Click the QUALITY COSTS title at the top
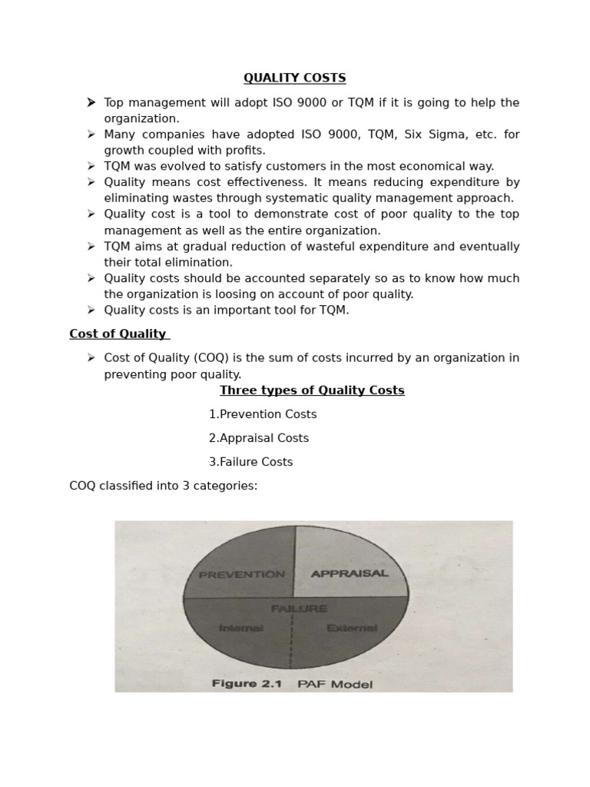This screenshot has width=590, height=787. pos(295,78)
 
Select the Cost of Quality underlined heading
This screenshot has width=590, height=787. pos(118,334)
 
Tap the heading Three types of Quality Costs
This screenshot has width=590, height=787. pos(312,390)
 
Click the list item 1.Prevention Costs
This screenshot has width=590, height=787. pos(263,414)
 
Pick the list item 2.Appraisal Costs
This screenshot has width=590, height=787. pos(259,438)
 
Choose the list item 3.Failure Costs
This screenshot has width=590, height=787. pos(250,462)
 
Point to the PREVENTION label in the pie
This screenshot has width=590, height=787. pos(241,574)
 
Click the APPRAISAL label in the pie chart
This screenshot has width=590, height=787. pos(349,573)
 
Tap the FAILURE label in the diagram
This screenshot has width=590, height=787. pos(299,609)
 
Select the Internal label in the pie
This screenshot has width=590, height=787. pos(241,628)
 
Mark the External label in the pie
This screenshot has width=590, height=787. pos(352,628)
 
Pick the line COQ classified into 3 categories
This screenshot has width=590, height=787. pos(164,486)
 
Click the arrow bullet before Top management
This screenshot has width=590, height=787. pos(91,102)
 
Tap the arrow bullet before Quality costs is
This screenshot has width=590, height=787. pos(91,310)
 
